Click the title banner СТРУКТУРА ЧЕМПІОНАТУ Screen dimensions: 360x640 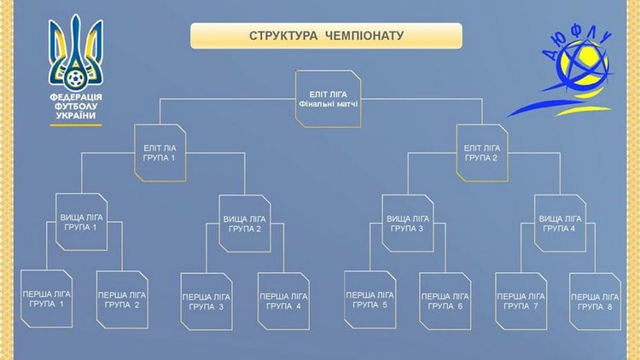(325, 36)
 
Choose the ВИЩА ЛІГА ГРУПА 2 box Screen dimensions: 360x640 (244, 224)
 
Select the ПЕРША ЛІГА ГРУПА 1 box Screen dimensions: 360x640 (45, 299)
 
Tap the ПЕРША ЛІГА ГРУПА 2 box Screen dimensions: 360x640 (121, 299)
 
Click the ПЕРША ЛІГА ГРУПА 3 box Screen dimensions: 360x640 (207, 300)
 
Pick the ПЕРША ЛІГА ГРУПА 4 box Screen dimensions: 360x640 (283, 300)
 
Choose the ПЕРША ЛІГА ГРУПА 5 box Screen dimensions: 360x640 (369, 299)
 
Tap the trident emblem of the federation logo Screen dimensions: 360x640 (76, 51)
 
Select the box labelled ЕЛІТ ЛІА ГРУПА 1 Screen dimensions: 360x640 (160, 153)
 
